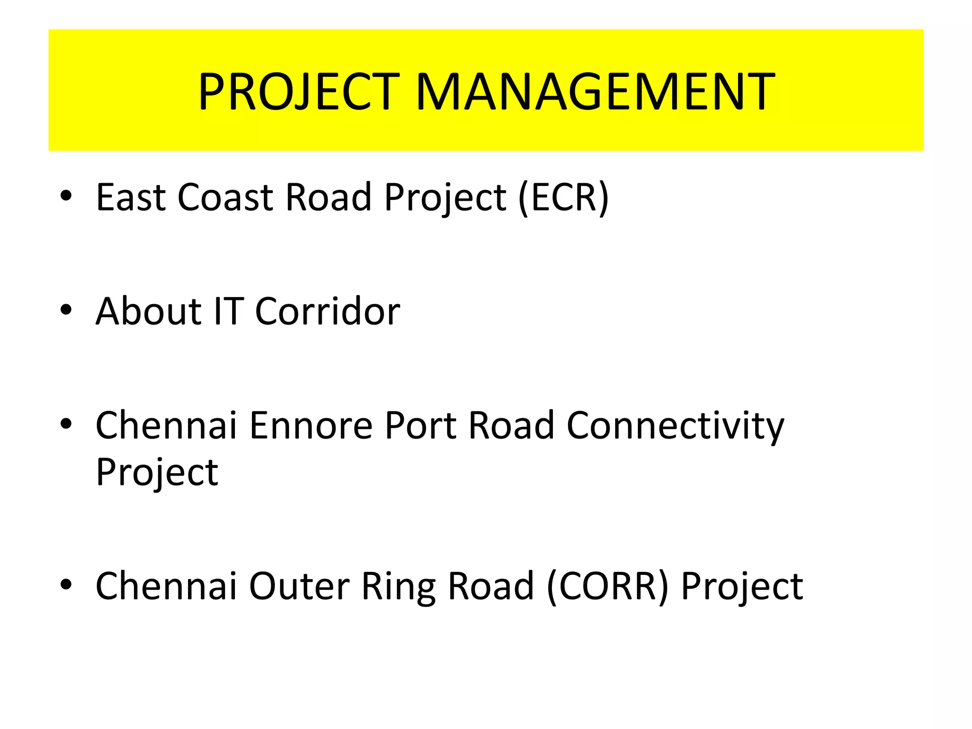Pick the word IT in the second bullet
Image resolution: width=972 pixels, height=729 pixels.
tap(229, 311)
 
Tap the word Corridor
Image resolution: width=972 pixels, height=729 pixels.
tap(327, 311)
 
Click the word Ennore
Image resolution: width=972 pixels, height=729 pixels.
tap(311, 425)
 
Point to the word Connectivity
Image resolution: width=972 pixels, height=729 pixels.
tap(675, 426)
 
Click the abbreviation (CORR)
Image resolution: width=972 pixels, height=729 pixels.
tap(607, 587)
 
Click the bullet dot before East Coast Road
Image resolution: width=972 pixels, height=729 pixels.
tap(66, 196)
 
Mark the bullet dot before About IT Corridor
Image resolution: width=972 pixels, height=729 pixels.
tap(66, 310)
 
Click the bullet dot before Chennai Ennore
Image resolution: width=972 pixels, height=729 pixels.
tap(66, 424)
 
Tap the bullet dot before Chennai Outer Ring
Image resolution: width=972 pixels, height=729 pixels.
tap(66, 585)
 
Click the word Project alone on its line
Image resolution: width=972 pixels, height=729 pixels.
tap(157, 473)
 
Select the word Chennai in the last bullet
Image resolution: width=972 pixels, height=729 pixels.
tap(166, 587)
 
